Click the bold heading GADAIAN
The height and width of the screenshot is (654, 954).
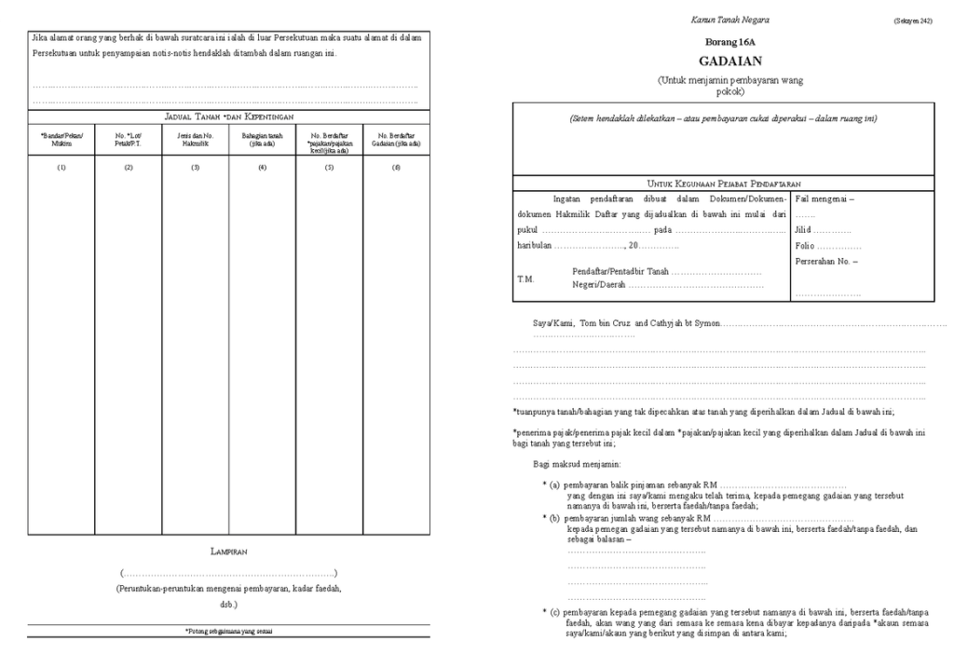tap(729, 61)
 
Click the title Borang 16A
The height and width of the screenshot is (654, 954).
tap(729, 44)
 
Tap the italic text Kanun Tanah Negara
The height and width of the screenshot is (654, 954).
tap(729, 20)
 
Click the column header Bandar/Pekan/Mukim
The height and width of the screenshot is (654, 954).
tap(61, 140)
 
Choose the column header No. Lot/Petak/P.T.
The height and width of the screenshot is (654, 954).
tap(129, 140)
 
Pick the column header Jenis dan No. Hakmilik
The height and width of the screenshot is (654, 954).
tap(196, 140)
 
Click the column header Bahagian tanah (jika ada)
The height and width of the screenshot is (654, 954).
tap(262, 140)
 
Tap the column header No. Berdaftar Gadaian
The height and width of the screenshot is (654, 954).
tap(396, 140)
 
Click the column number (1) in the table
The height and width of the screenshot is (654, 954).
tap(61, 167)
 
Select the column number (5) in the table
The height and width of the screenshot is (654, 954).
tap(329, 167)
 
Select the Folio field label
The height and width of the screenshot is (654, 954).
tap(806, 246)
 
